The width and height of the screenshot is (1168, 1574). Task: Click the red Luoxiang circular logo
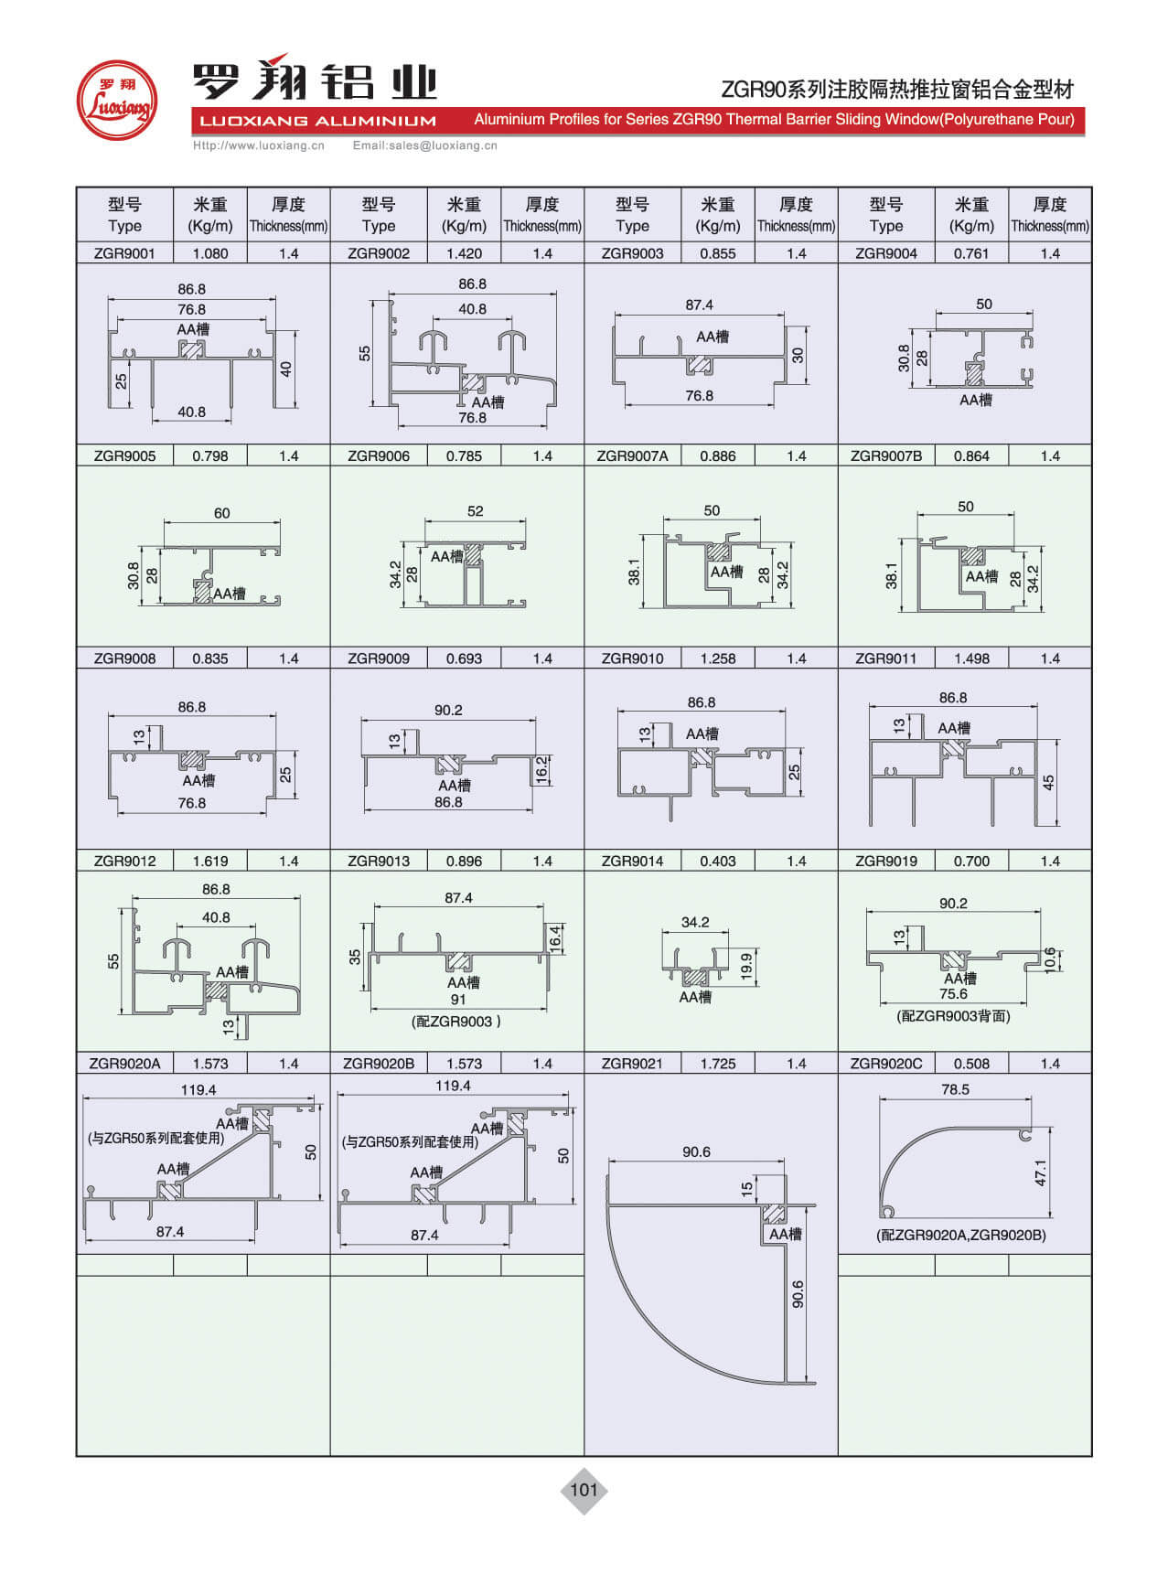(x=116, y=100)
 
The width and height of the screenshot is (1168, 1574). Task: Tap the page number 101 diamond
(x=584, y=1490)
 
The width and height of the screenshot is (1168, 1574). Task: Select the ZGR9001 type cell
(x=124, y=253)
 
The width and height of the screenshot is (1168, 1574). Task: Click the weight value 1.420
(x=464, y=253)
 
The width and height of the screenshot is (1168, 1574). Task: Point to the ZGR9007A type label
(x=632, y=455)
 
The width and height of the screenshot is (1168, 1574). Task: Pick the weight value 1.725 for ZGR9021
(x=717, y=1064)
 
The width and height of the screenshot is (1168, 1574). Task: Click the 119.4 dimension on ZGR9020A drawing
(x=198, y=1089)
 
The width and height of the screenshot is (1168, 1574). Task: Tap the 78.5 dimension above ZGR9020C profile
(x=955, y=1089)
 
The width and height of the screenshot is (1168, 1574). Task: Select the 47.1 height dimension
(x=1041, y=1173)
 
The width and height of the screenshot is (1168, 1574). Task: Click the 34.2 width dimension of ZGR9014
(x=695, y=922)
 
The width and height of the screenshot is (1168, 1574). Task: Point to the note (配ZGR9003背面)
(x=953, y=1016)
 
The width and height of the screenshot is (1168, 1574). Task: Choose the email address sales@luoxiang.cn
(x=425, y=145)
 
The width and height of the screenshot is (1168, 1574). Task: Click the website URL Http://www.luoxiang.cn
(x=259, y=145)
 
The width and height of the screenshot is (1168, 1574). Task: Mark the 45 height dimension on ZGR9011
(x=1049, y=782)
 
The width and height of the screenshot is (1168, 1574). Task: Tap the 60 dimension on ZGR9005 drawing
(x=222, y=513)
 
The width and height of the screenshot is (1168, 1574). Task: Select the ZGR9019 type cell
(x=885, y=861)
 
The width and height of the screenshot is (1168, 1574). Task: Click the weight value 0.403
(x=717, y=861)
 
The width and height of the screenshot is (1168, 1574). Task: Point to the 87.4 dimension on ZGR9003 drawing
(x=699, y=305)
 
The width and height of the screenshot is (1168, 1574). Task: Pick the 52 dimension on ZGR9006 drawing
(x=475, y=511)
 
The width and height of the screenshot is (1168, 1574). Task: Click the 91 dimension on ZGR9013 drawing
(x=458, y=1000)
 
